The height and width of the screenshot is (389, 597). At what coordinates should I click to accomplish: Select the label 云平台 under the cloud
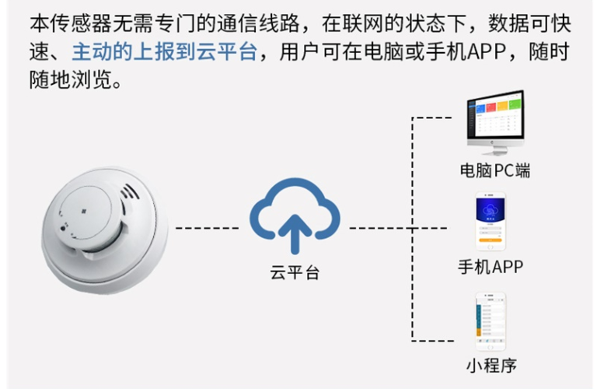[295, 273]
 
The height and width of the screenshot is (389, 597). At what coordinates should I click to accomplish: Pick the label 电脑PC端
[495, 171]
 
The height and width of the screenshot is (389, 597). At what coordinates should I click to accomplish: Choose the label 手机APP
[491, 267]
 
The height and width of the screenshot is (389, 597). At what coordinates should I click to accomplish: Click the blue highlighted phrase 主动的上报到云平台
[164, 52]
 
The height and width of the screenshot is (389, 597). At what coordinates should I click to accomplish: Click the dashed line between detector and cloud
[207, 229]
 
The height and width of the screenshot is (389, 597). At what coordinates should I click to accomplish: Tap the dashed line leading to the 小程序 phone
[439, 340]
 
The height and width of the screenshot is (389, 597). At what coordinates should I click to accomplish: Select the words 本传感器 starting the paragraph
[56, 22]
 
